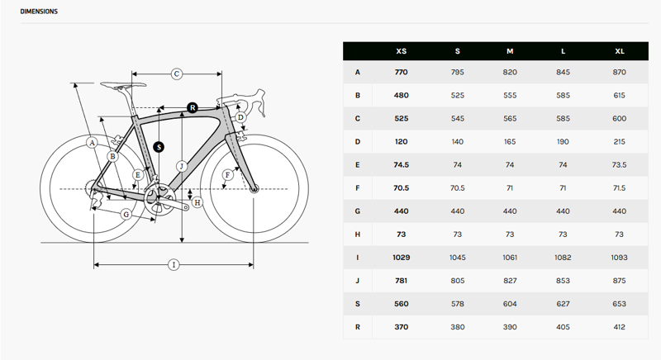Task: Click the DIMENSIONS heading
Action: (40, 12)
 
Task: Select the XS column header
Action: (402, 51)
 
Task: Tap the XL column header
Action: (620, 51)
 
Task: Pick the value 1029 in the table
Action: (402, 258)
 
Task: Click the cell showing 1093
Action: (620, 258)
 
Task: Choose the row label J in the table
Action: (358, 281)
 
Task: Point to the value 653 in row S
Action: (620, 304)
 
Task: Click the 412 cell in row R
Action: (620, 327)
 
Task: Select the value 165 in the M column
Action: (510, 142)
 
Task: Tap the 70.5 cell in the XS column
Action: (402, 188)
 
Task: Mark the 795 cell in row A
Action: (458, 73)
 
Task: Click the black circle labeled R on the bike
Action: (192, 107)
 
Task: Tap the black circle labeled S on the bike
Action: (159, 147)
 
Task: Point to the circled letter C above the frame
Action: (177, 74)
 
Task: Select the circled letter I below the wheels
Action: (174, 264)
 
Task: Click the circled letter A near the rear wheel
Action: (93, 143)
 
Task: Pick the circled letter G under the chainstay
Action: (126, 214)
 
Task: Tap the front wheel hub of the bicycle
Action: (254, 189)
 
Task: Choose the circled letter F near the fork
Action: (228, 174)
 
